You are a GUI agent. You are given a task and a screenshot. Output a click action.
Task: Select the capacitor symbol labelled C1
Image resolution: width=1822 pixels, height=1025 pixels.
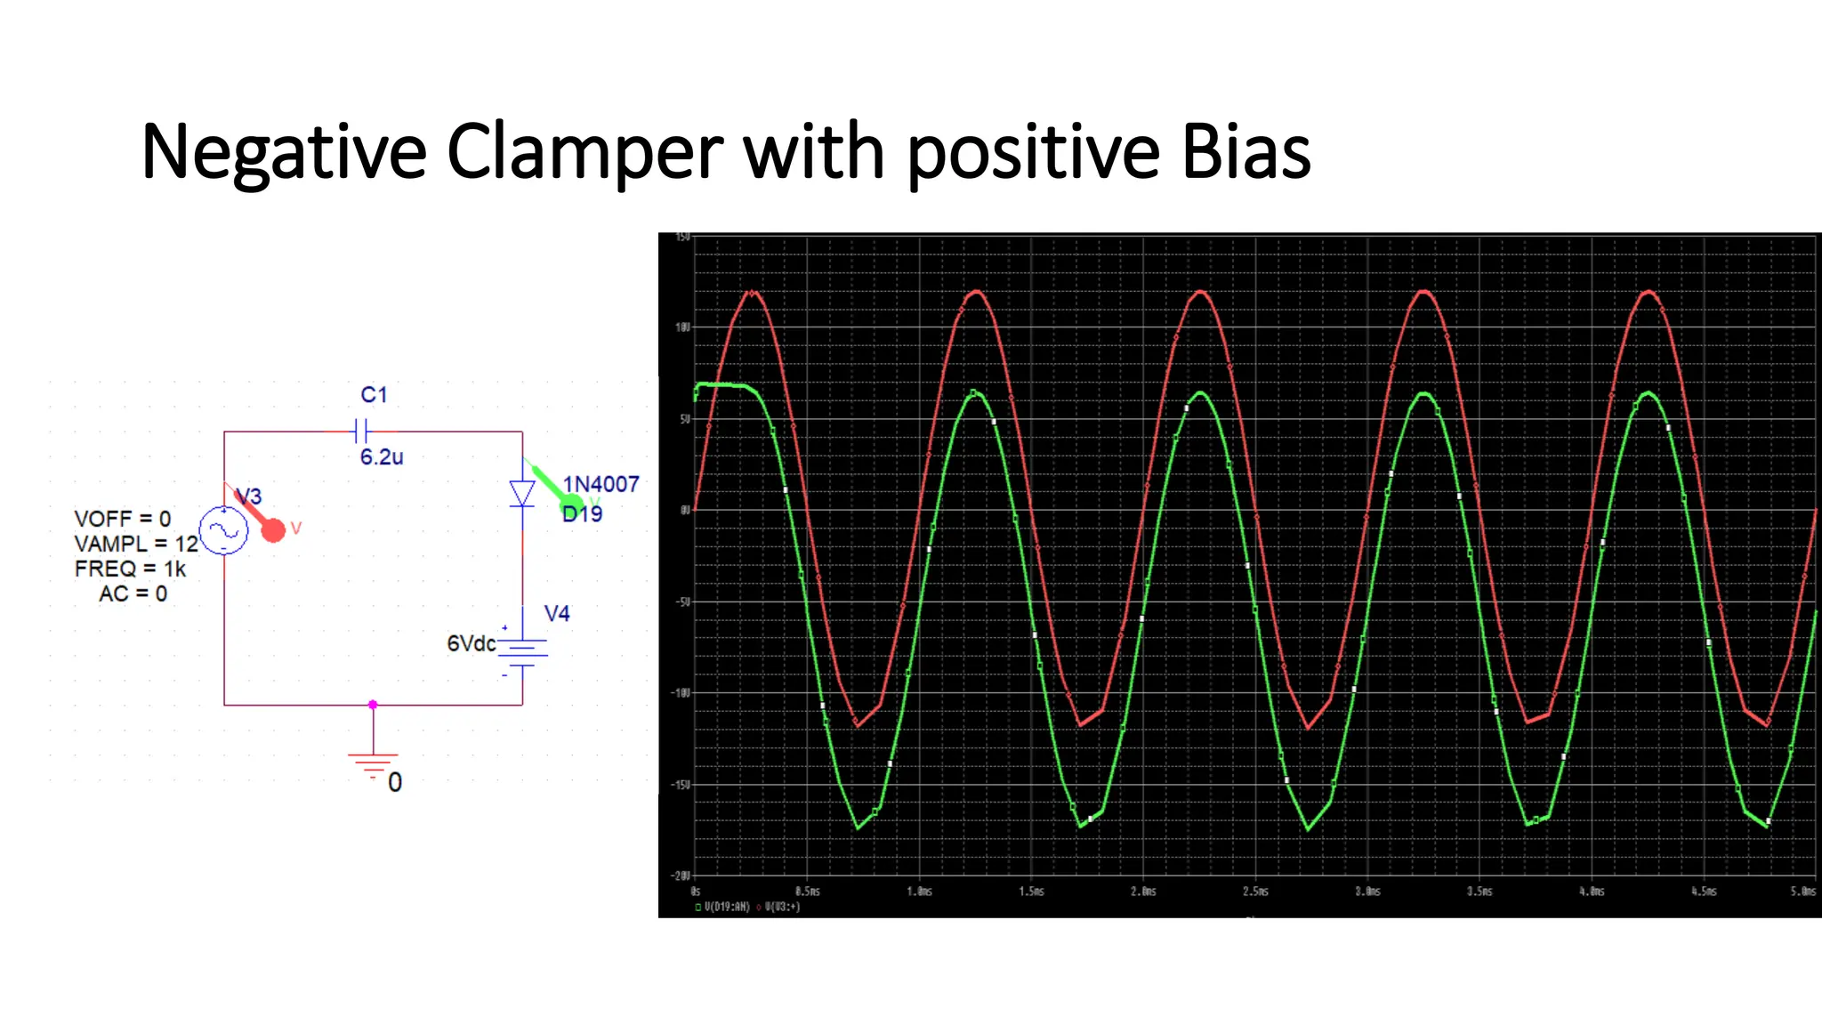(x=360, y=432)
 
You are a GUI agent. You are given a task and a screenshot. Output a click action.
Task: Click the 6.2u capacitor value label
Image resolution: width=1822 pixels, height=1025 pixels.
(x=381, y=457)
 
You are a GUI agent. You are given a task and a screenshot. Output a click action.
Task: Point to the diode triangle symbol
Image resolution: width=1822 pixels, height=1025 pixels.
(x=522, y=493)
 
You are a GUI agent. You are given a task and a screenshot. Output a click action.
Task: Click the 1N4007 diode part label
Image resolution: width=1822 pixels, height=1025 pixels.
(x=601, y=484)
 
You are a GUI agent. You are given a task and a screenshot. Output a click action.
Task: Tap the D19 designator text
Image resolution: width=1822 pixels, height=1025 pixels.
(x=583, y=514)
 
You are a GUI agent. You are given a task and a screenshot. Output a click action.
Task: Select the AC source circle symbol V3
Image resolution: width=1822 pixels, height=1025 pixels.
(x=223, y=531)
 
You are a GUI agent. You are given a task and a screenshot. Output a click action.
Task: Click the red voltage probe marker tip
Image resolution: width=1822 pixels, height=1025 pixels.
(x=273, y=530)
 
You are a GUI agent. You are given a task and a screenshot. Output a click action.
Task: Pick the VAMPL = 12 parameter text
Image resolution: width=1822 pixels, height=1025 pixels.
(x=135, y=544)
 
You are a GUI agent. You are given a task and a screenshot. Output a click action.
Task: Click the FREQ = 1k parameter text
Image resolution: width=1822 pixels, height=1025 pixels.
(x=130, y=569)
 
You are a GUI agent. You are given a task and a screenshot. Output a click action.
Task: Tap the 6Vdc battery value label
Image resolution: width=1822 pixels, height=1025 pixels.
(x=471, y=643)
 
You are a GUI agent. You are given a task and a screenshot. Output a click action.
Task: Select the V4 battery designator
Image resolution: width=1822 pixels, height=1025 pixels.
(x=557, y=614)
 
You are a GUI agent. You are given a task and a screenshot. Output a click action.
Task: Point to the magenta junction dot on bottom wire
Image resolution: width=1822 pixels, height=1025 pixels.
(x=373, y=705)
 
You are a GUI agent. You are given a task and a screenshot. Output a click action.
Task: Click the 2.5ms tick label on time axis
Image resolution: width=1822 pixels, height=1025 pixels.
(x=1255, y=891)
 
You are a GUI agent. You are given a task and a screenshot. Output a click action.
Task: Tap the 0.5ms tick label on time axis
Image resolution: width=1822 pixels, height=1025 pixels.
(x=807, y=891)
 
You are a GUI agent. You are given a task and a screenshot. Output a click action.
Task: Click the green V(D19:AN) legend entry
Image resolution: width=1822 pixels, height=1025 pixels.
(x=722, y=908)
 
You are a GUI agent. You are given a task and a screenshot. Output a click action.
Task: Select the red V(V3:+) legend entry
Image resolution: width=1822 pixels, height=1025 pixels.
(x=778, y=908)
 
